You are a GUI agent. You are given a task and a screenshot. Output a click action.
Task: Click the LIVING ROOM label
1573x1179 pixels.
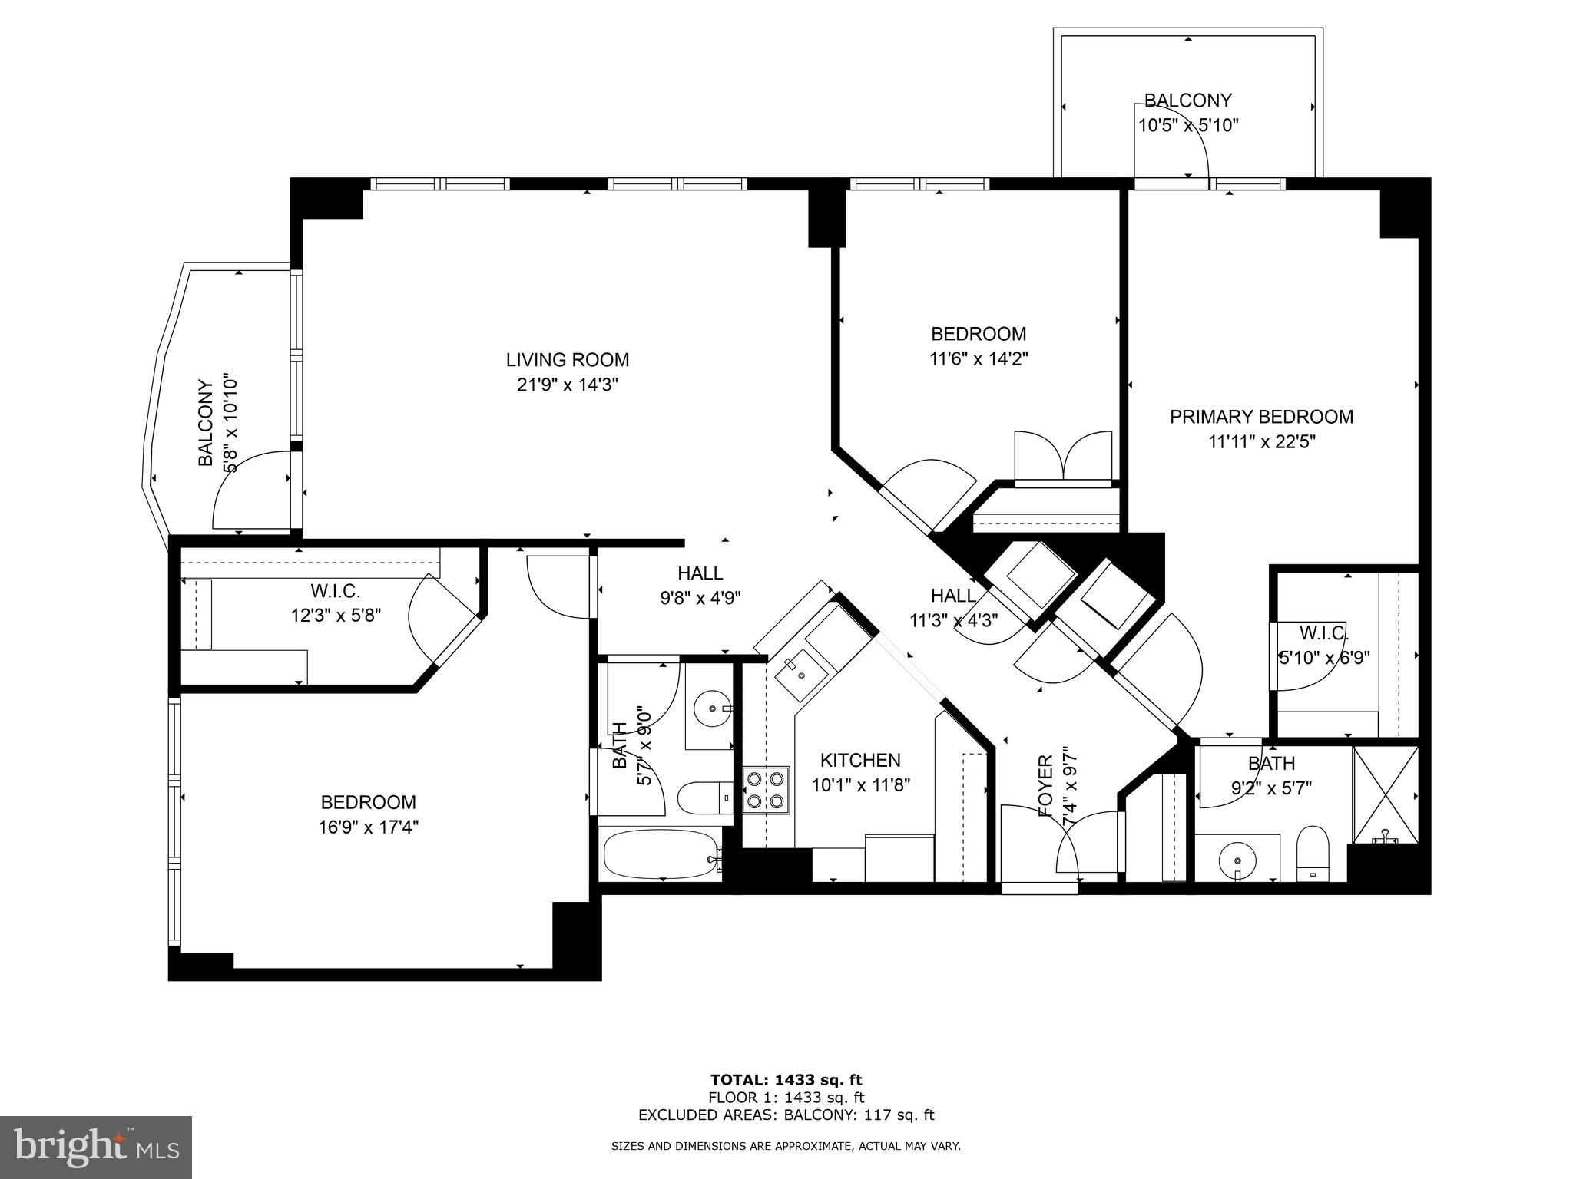tap(567, 359)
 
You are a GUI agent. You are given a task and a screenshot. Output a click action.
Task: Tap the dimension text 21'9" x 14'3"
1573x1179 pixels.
tap(567, 385)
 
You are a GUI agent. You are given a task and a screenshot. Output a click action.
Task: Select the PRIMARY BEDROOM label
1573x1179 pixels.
tap(1261, 417)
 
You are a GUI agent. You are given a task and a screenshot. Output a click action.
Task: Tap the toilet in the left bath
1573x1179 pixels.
tap(705, 798)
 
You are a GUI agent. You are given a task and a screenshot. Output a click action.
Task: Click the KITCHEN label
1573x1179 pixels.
tap(860, 760)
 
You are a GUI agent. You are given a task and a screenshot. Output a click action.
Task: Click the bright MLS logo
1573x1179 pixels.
tap(95, 1147)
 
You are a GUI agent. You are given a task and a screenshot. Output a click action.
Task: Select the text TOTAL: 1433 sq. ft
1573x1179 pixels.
tap(786, 1081)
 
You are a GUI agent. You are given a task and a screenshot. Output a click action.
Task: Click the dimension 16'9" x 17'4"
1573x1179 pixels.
tap(368, 827)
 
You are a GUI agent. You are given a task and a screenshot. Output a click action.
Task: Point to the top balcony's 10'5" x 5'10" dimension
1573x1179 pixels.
tap(1187, 125)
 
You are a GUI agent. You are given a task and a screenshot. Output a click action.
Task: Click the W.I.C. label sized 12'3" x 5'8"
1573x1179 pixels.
tap(335, 591)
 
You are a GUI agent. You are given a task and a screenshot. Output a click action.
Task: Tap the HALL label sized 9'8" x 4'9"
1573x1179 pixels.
tap(700, 573)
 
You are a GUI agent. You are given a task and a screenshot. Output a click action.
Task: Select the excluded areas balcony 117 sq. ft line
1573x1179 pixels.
tap(786, 1115)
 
